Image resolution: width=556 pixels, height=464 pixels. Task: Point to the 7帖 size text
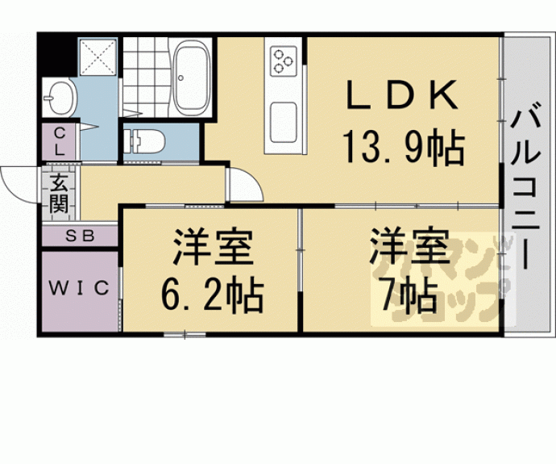[408, 296]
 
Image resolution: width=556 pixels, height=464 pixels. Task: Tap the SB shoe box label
[80, 236]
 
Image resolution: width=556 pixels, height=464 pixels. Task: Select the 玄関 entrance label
[58, 193]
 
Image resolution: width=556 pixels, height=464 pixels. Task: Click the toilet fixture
[147, 140]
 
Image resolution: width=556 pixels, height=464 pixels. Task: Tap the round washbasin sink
[59, 99]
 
